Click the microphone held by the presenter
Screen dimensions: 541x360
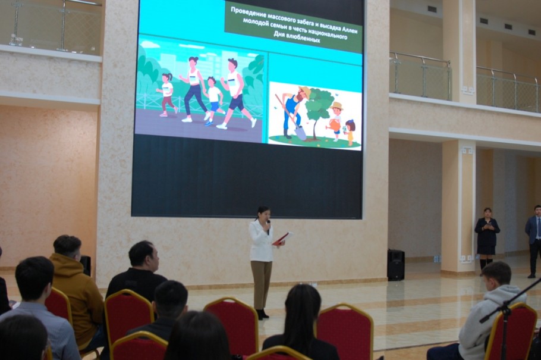(x=269, y=227)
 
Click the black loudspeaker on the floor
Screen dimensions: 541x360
(x=396, y=265)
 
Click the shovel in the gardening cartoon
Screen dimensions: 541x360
(x=291, y=117)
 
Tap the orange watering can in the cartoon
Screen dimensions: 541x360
(x=334, y=124)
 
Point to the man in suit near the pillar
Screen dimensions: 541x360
(x=534, y=241)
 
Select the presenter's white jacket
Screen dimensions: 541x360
(x=261, y=241)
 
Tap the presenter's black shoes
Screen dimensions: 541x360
(x=262, y=314)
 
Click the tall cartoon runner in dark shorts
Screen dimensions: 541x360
(x=237, y=93)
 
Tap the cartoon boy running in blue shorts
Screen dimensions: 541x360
(x=213, y=101)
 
